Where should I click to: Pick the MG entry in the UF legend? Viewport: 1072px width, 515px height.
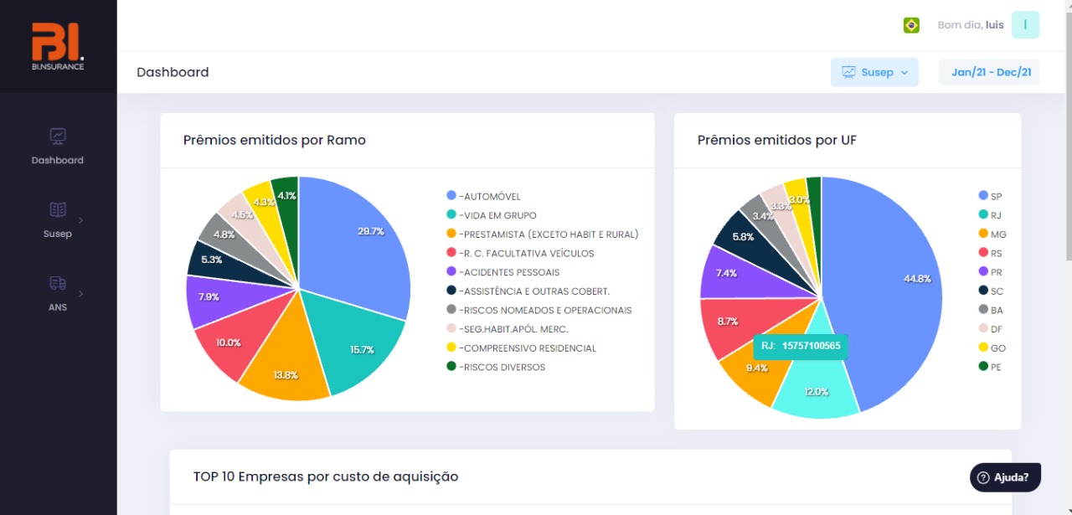pyautogui.click(x=996, y=234)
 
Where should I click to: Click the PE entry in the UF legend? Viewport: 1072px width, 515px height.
pyautogui.click(x=995, y=367)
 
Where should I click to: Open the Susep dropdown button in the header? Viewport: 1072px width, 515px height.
pyautogui.click(x=874, y=72)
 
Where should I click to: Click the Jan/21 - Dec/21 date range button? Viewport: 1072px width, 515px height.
pyautogui.click(x=989, y=72)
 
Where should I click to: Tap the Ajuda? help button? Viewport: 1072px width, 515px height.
pyautogui.click(x=1005, y=477)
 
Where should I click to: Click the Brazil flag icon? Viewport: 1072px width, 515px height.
pyautogui.click(x=911, y=25)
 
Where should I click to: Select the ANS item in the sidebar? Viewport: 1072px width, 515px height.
pyautogui.click(x=58, y=293)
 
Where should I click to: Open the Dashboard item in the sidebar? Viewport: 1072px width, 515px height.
pyautogui.click(x=58, y=146)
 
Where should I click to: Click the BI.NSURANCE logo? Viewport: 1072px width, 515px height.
pyautogui.click(x=58, y=46)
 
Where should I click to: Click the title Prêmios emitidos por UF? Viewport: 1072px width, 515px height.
pyautogui.click(x=776, y=140)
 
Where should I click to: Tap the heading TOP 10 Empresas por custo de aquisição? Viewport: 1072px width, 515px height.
pyautogui.click(x=326, y=476)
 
